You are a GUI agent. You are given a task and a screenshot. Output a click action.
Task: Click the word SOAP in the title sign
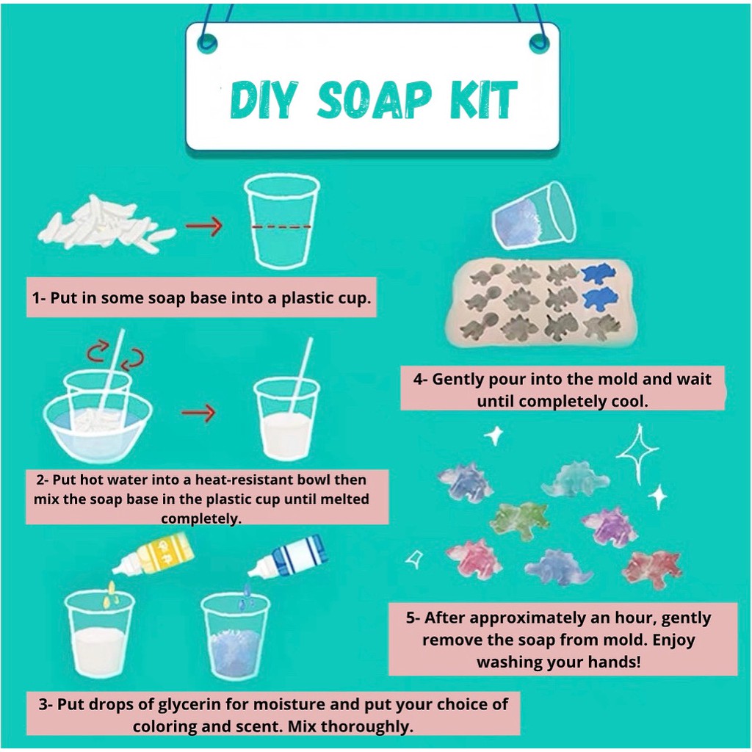point(374,100)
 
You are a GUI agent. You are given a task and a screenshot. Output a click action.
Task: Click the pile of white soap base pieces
point(106,223)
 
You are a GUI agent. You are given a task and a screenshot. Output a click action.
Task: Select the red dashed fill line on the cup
point(281,226)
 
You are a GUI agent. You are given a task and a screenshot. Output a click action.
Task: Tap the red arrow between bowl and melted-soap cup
point(198,413)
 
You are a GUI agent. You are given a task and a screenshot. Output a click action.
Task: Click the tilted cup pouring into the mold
point(533,216)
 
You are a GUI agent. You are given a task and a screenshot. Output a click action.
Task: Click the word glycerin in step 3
point(189,704)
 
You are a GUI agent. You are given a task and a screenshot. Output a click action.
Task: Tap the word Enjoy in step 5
point(673,640)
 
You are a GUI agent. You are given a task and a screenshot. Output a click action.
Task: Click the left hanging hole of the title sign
point(206,44)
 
